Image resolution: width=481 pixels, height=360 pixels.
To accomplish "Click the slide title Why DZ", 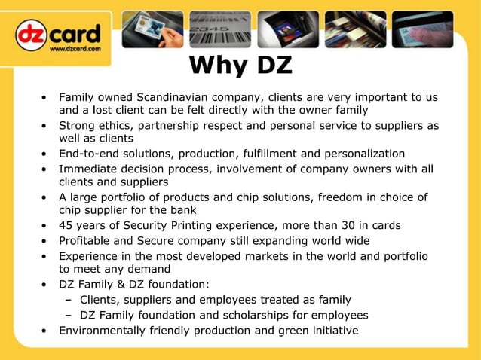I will point(240,66).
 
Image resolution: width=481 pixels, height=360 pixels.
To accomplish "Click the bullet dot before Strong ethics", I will point(45,126).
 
